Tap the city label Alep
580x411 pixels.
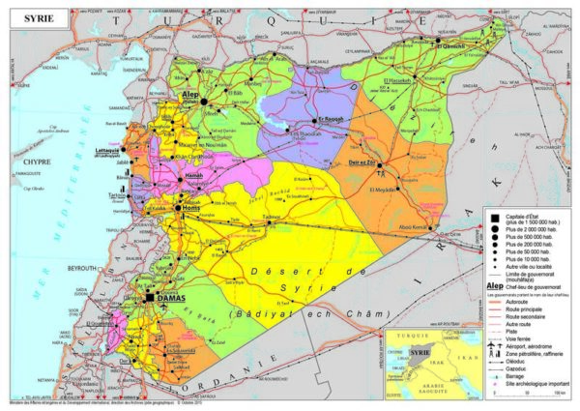point(189,95)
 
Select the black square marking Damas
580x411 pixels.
point(147,299)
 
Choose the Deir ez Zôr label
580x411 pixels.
point(362,164)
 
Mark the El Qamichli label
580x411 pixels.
point(451,45)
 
